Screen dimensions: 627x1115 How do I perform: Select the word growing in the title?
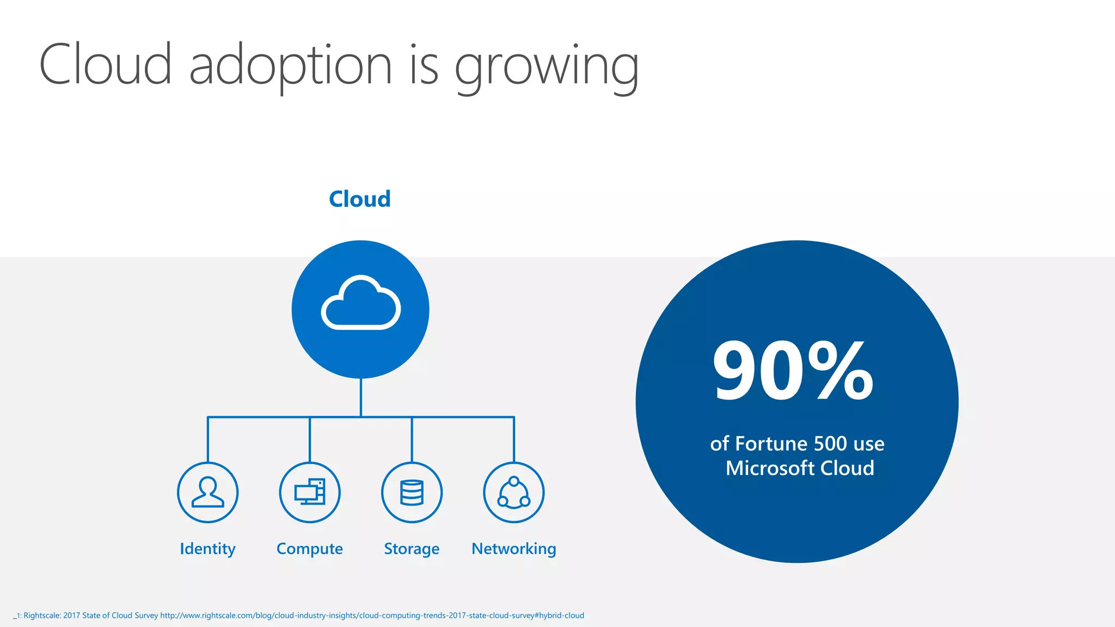547,69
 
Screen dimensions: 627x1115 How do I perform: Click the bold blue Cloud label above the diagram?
360,199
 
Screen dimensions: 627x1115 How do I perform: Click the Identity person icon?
207,493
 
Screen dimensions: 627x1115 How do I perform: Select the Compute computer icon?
310,492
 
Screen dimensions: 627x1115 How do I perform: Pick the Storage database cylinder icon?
412,493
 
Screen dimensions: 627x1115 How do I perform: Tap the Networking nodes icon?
514,493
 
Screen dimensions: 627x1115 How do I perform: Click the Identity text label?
207,549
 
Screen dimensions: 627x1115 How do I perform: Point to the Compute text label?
310,549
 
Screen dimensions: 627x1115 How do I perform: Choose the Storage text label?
412,549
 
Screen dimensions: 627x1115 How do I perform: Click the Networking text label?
514,549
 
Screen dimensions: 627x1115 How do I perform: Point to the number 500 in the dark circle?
830,444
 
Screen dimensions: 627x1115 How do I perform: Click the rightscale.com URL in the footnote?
372,616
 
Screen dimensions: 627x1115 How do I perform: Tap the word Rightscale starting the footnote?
42,616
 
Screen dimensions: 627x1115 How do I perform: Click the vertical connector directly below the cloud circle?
361,397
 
